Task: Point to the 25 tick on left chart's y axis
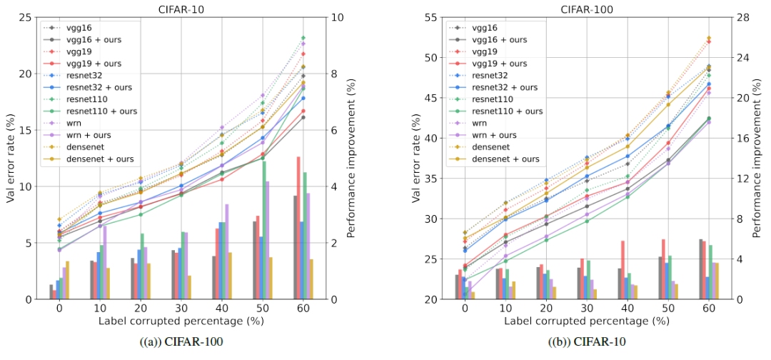tap(24, 17)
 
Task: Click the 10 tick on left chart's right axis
tap(336, 17)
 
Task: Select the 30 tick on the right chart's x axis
tap(585, 311)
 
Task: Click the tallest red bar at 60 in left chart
tap(298, 227)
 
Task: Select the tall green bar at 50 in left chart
tap(264, 230)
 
